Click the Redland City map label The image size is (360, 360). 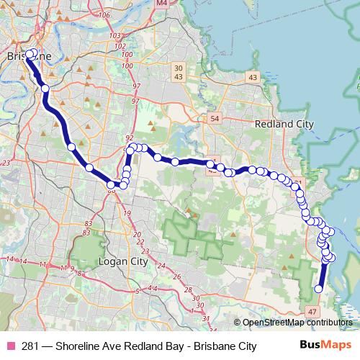click(285, 124)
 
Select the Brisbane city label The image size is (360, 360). click(29, 55)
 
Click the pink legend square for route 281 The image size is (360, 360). click(12, 346)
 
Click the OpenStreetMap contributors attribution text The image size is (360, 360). click(297, 323)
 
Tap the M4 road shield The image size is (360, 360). click(161, 3)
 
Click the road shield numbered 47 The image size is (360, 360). click(312, 311)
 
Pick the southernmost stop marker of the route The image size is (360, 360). click(318, 289)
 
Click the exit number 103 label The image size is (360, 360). click(113, 35)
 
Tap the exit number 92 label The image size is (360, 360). click(130, 138)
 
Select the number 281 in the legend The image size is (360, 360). click(32, 346)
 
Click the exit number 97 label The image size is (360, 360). click(135, 102)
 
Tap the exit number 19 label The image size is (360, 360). click(127, 214)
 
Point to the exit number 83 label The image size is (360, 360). click(86, 224)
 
